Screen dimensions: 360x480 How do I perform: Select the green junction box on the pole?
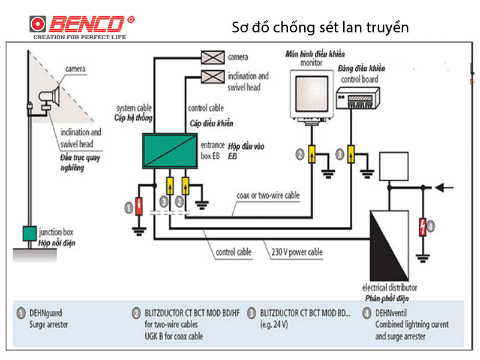(x=28, y=232)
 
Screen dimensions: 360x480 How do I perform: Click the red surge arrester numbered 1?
(x=139, y=206)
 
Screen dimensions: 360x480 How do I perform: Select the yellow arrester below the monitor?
(x=312, y=154)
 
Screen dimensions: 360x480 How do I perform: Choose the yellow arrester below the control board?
(x=352, y=154)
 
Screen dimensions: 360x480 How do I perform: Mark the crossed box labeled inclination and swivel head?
(x=212, y=76)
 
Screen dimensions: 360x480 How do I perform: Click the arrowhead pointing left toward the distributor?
(x=440, y=188)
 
